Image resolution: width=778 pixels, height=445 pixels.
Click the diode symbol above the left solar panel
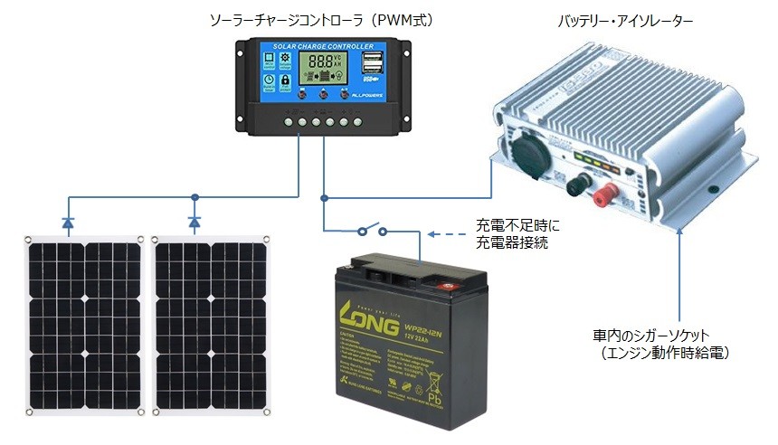point(69,221)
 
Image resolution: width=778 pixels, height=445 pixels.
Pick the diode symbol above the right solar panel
point(194,221)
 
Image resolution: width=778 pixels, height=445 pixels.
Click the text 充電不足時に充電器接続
point(511,234)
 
